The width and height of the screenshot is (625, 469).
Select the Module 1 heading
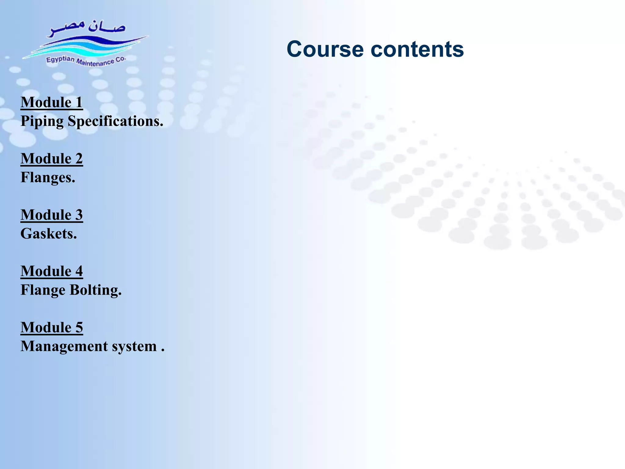52,102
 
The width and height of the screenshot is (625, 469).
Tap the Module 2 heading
52,159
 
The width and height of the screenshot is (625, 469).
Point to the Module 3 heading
52,215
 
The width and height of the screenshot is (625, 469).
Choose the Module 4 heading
52,271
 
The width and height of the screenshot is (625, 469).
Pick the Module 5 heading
52,328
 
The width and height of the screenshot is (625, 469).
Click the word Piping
42,122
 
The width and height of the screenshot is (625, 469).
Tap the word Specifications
115,121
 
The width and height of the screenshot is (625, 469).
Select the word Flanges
48,178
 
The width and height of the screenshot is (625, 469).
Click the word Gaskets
49,234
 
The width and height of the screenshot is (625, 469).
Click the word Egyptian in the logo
60,59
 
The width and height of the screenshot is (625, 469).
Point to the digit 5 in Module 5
79,328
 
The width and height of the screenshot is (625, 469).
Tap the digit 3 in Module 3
79,215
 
